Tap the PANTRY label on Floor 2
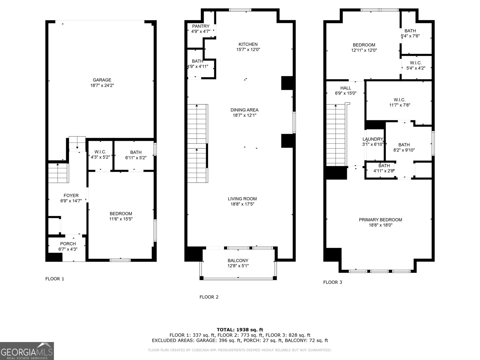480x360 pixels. pyautogui.click(x=201, y=26)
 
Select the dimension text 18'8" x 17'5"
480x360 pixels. pyautogui.click(x=242, y=204)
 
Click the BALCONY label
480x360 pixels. pyautogui.click(x=238, y=260)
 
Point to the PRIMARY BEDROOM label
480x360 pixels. pyautogui.click(x=380, y=220)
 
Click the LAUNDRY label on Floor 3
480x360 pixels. pyautogui.click(x=373, y=139)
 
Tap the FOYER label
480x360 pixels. pyautogui.click(x=71, y=195)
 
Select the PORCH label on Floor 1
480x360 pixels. pyautogui.click(x=68, y=244)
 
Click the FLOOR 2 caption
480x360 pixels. pyautogui.click(x=209, y=297)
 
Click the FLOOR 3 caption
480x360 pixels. pyautogui.click(x=332, y=282)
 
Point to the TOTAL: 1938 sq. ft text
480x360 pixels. pyautogui.click(x=240, y=330)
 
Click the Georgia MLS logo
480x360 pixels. pyautogui.click(x=27, y=351)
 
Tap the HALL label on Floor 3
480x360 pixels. pyautogui.click(x=346, y=88)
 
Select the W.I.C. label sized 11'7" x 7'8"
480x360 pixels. pyautogui.click(x=400, y=100)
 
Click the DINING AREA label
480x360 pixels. pyautogui.click(x=244, y=110)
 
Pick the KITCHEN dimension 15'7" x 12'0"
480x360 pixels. pyautogui.click(x=248, y=49)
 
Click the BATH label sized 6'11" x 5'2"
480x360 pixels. pyautogui.click(x=136, y=152)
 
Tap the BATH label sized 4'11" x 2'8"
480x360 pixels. pyautogui.click(x=384, y=166)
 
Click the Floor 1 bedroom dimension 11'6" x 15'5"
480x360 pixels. pyautogui.click(x=121, y=219)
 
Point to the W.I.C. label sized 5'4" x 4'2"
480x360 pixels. pyautogui.click(x=415, y=63)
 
